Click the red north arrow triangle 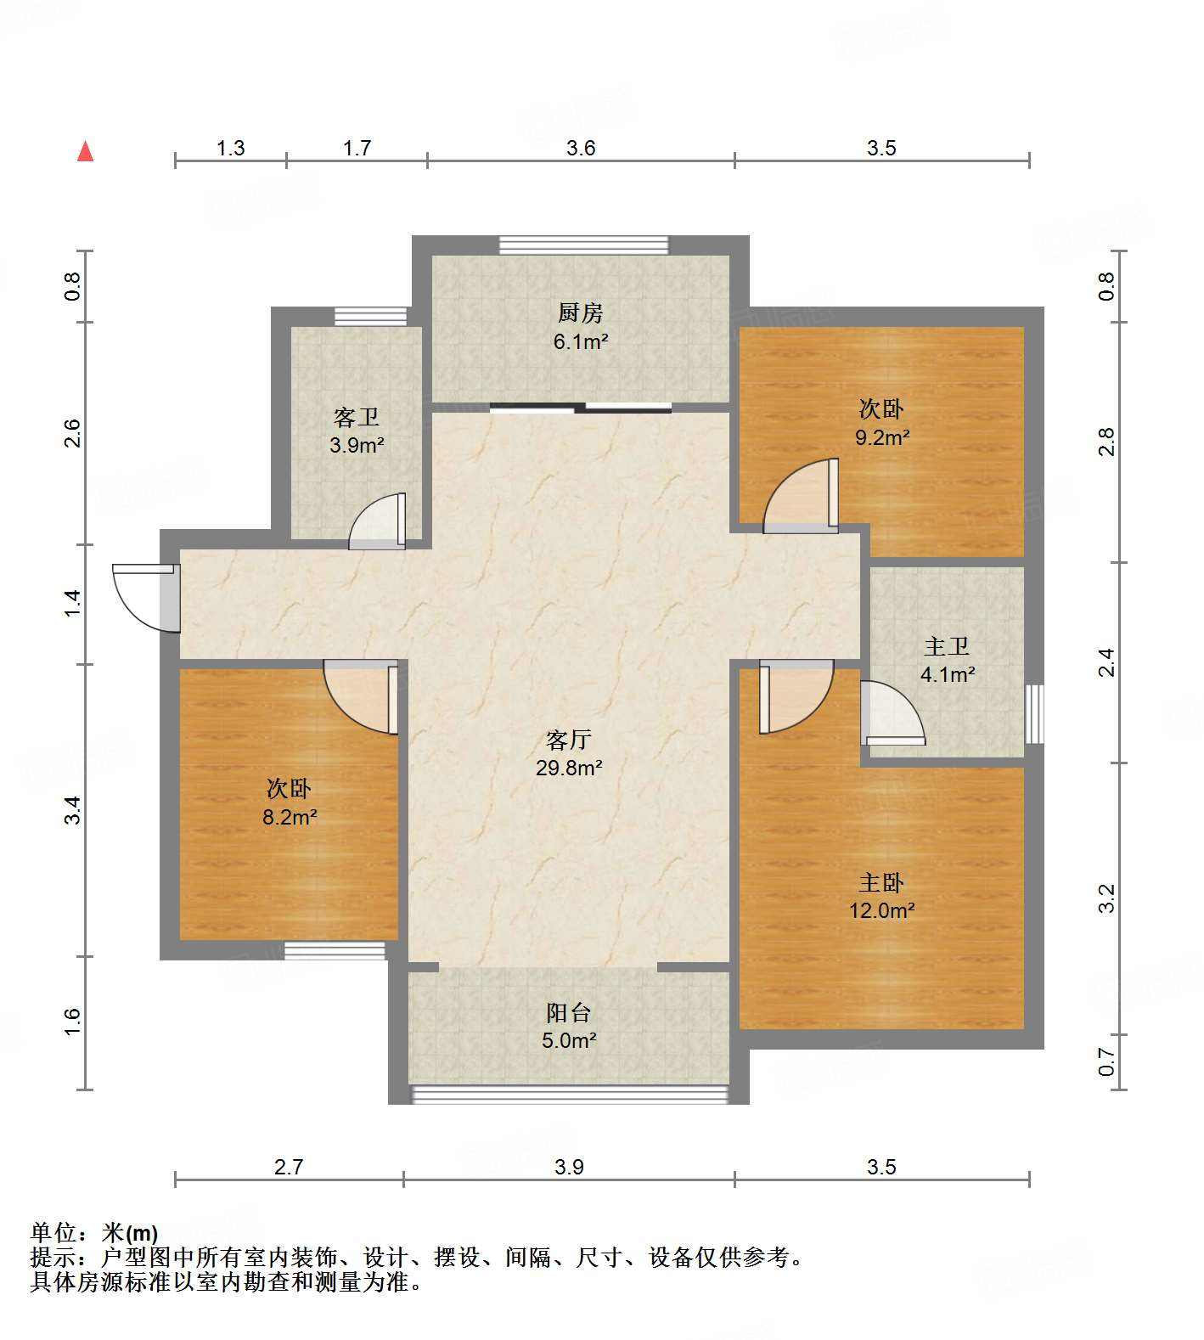pos(85,152)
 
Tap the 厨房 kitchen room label pos(581,313)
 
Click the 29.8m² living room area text pos(569,769)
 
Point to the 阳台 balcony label pos(568,1012)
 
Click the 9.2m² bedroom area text pos(882,438)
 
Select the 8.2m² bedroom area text pos(290,818)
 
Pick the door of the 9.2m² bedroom pos(802,498)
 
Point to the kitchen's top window pos(583,245)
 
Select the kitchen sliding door pos(581,408)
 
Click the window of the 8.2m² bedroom pos(335,950)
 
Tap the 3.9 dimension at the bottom pos(569,1167)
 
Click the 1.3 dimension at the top pos(230,149)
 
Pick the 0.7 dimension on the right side pos(1106,1061)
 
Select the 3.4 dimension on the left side pos(74,809)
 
